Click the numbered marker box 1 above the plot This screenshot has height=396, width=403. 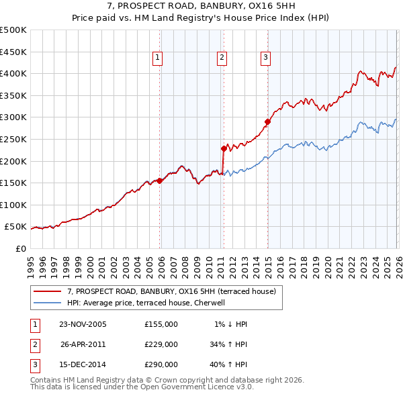pyautogui.click(x=157, y=58)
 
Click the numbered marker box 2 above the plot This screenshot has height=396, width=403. pyautogui.click(x=221, y=58)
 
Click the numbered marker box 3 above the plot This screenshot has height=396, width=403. pyautogui.click(x=266, y=58)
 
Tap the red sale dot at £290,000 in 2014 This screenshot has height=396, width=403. pyautogui.click(x=267, y=121)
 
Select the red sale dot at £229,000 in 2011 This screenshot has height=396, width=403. pyautogui.click(x=224, y=148)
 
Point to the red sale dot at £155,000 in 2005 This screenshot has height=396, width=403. pyautogui.click(x=160, y=181)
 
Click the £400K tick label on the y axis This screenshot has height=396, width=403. pyautogui.click(x=13, y=73)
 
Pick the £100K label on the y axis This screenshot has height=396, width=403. pyautogui.click(x=13, y=205)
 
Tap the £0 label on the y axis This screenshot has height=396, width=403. pyautogui.click(x=19, y=248)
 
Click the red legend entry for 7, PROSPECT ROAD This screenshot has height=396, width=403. pyautogui.click(x=171, y=292)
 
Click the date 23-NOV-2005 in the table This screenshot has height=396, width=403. pyautogui.click(x=83, y=324)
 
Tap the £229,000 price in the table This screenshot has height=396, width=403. pyautogui.click(x=161, y=345)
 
